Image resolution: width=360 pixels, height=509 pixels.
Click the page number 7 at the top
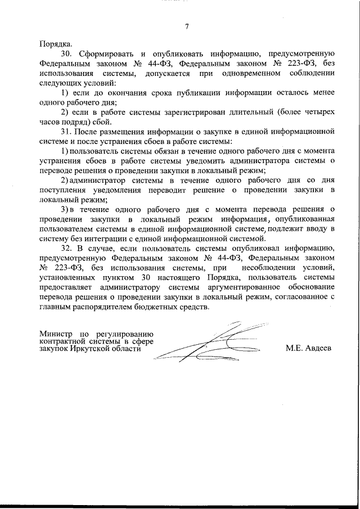coord(187,26)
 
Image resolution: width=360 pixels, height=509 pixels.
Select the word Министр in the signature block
coord(55,331)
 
